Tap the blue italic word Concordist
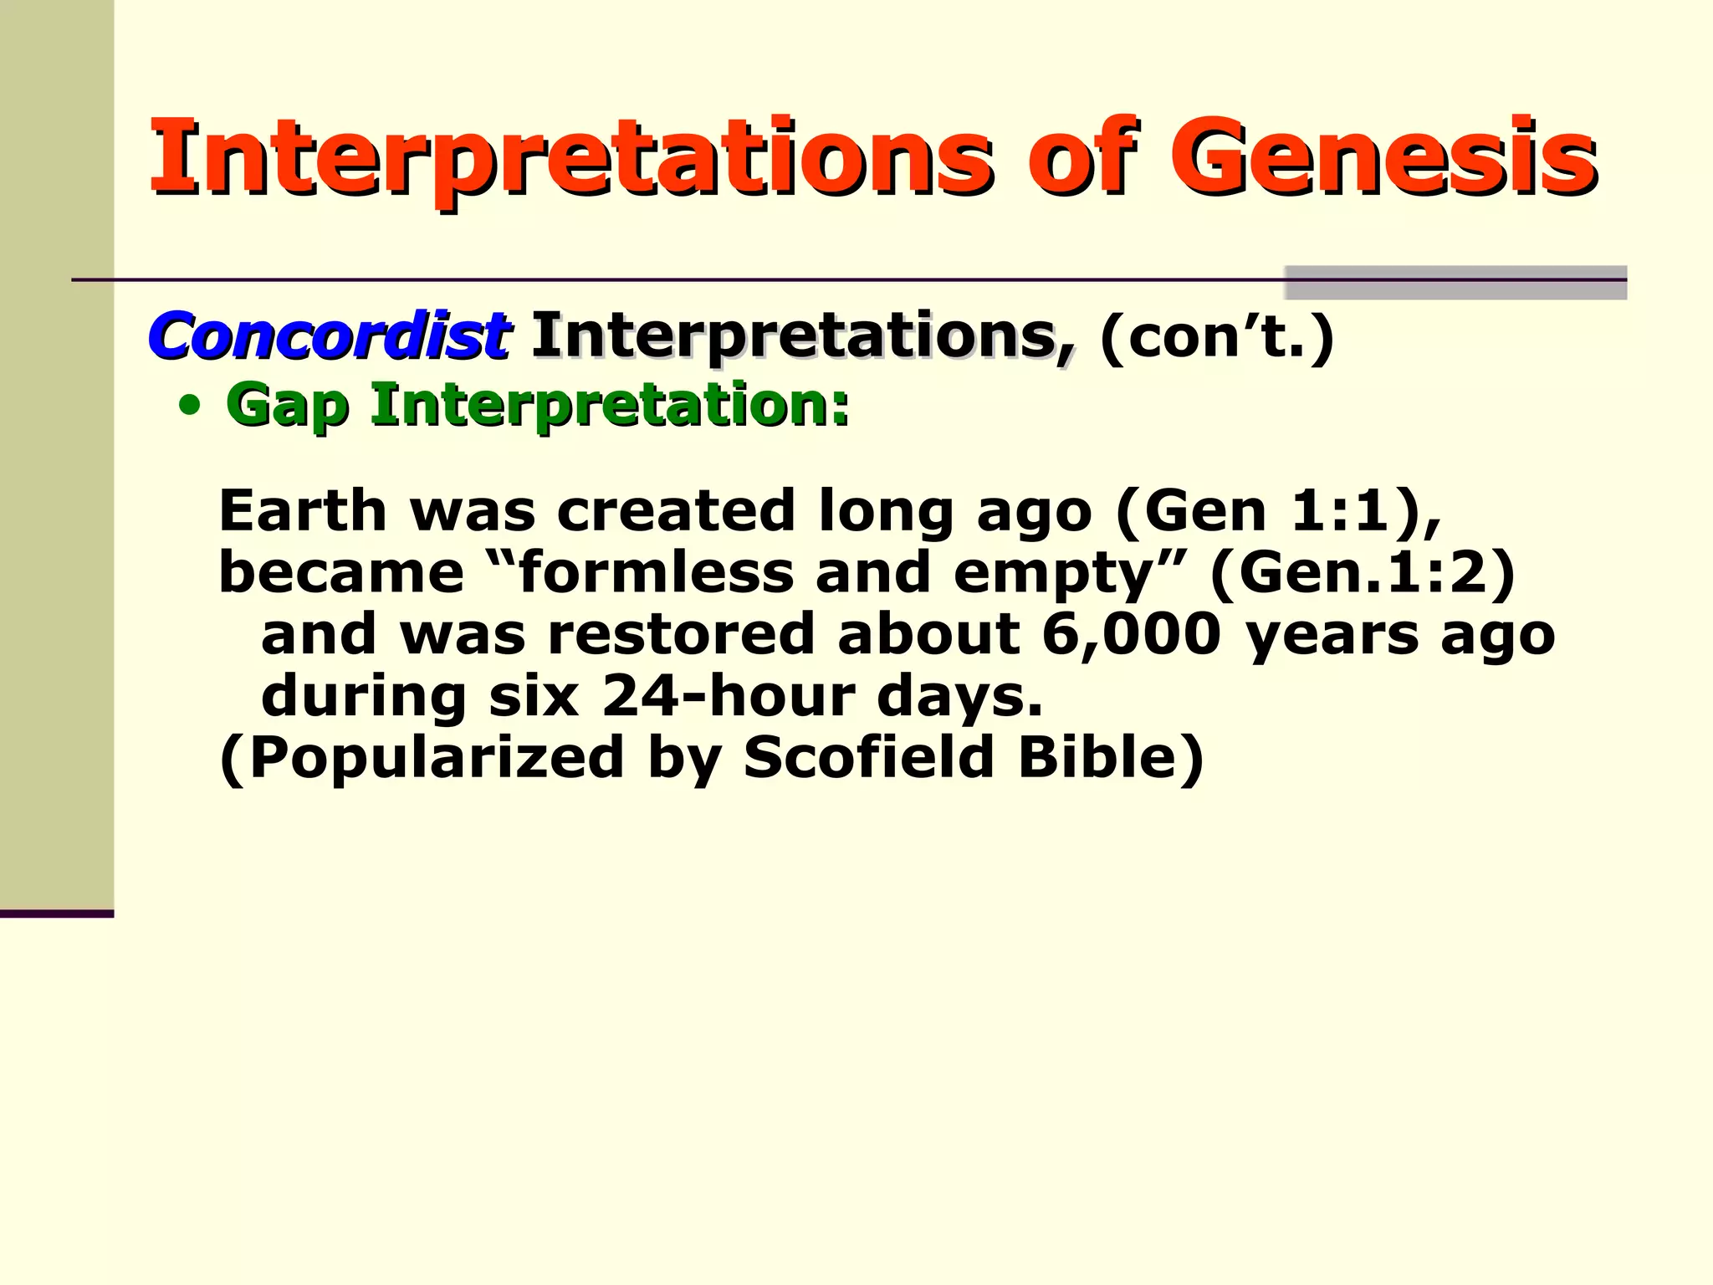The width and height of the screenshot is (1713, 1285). click(x=328, y=336)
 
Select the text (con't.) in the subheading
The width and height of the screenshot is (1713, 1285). click(x=1217, y=336)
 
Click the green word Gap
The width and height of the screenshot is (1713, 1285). click(x=287, y=407)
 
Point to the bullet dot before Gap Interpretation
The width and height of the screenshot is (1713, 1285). click(x=191, y=407)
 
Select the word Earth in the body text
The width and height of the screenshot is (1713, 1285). click(x=303, y=511)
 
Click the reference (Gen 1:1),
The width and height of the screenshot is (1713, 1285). click(x=1279, y=511)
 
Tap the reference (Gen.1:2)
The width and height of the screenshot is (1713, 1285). click(x=1363, y=573)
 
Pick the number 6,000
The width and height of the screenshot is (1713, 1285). click(x=1131, y=634)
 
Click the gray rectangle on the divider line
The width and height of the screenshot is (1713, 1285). click(x=1455, y=282)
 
